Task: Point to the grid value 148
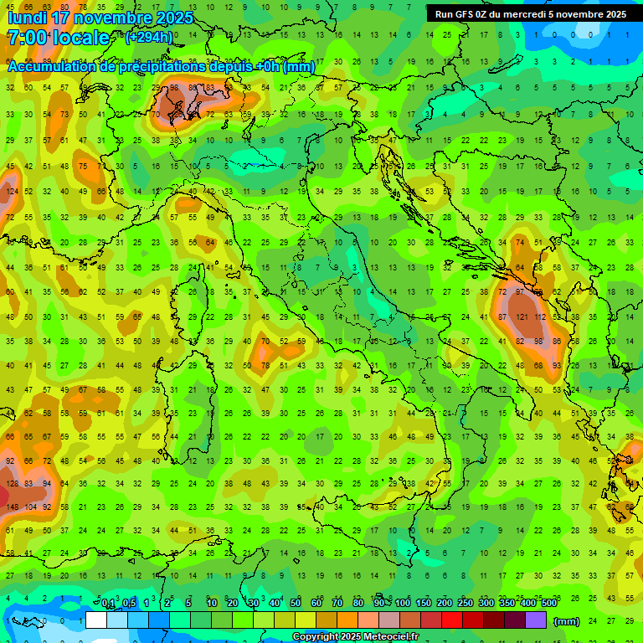coord(12,507)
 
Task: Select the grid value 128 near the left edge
coord(12,483)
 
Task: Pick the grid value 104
coord(30,507)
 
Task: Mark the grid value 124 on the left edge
coord(12,192)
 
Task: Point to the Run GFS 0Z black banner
coord(531,14)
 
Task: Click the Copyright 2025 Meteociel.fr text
coord(355,637)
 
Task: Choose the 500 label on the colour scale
coord(548,604)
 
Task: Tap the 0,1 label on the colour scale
coord(109,604)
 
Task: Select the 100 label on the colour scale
coord(403,604)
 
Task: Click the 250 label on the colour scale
coord(465,604)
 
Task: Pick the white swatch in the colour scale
coord(95,620)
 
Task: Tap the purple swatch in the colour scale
coord(536,620)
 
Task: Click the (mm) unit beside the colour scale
coord(567,621)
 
